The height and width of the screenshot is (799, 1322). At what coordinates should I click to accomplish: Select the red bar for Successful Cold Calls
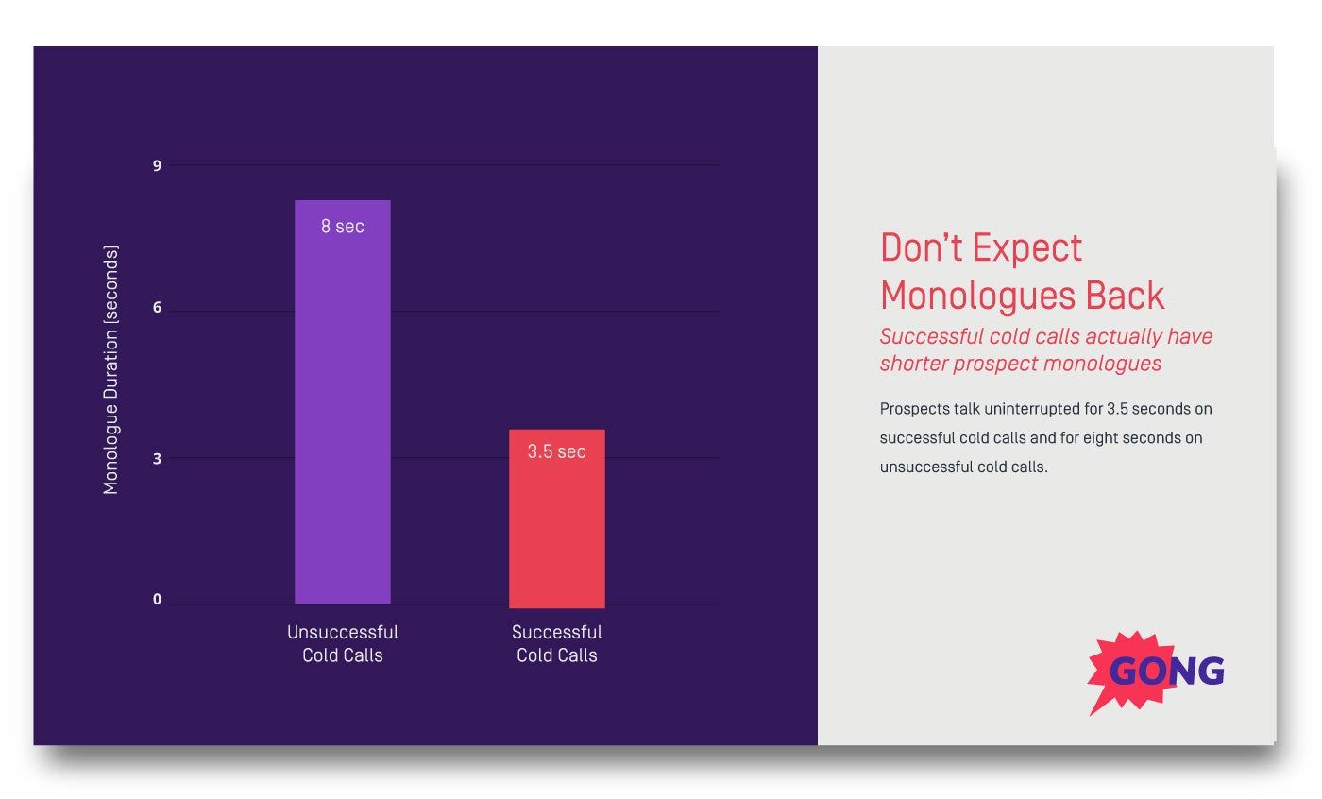pos(556,529)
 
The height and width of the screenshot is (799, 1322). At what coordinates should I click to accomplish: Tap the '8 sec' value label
pos(342,227)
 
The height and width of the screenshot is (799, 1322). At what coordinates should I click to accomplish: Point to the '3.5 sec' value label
pos(556,451)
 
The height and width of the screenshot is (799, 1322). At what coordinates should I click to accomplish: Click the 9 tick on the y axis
pos(158,166)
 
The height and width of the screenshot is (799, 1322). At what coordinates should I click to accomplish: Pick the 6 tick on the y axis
pos(158,308)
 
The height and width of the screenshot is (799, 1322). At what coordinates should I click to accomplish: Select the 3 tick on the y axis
pos(158,458)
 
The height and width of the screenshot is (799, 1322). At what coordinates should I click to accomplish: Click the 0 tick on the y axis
pos(158,600)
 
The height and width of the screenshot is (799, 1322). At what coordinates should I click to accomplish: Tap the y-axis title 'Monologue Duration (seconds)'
pos(111,370)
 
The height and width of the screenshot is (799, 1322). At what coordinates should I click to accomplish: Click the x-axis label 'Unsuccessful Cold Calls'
pos(342,643)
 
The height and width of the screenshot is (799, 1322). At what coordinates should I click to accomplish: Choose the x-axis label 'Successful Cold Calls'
pos(556,643)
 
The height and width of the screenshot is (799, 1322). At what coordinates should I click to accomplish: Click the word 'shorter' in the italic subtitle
pos(913,364)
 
